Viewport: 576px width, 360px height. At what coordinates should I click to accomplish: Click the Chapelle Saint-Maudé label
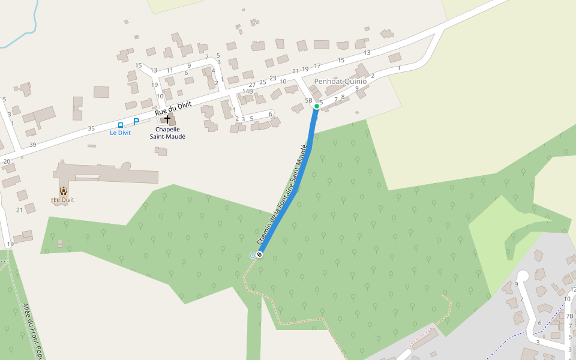pos(167,133)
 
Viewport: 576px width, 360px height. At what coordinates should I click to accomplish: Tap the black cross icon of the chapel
pos(167,119)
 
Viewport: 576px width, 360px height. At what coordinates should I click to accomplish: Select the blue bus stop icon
pos(121,125)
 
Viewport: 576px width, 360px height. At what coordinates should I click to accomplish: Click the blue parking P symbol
pos(136,121)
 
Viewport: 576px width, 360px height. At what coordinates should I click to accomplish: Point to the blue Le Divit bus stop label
pos(120,133)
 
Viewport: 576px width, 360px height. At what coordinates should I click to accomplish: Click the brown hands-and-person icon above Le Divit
pos(63,190)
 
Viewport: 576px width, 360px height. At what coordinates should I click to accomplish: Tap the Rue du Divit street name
pos(173,108)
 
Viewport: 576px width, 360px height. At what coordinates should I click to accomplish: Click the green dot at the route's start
pos(317,106)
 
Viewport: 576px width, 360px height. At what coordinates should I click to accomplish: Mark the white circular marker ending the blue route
pos(260,255)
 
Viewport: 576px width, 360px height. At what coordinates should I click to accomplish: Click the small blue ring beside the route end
pos(253,256)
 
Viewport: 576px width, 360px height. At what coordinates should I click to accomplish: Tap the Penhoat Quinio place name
pos(340,81)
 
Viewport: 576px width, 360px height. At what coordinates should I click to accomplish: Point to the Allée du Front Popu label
pos(31,329)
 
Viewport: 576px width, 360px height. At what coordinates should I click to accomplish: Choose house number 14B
pos(248,91)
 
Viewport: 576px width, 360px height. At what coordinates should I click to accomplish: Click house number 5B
pos(309,100)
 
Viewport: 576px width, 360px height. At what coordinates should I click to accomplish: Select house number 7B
pos(569,316)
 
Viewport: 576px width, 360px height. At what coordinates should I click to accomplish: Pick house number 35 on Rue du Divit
pos(91,128)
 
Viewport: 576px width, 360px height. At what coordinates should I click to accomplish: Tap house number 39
pos(32,145)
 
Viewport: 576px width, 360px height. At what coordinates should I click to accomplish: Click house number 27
pos(252,85)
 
